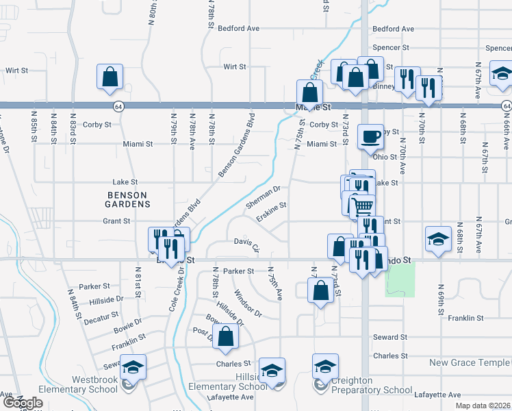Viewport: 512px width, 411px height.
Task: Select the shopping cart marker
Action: pos(363,205)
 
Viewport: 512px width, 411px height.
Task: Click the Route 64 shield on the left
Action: pos(118,106)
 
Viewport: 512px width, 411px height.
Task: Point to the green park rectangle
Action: pos(400,279)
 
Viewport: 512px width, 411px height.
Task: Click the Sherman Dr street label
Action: pos(264,197)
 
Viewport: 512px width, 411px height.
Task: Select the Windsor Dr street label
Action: pos(248,303)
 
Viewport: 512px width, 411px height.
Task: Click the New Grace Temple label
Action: pos(470,362)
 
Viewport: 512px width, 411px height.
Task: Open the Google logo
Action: pos(23,402)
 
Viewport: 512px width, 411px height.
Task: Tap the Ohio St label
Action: pos(385,157)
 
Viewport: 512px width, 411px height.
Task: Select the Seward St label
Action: pos(390,338)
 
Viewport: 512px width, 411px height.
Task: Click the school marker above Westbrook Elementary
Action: pos(133,367)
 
